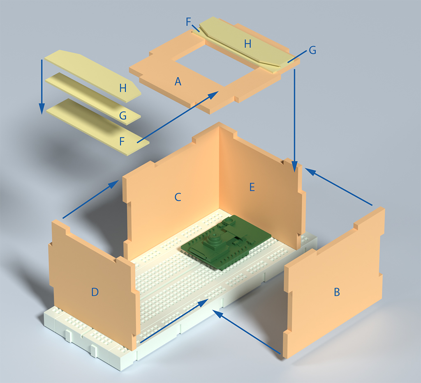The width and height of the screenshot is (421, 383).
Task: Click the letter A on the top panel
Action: tap(178, 81)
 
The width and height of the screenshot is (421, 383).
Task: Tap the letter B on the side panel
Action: tap(337, 292)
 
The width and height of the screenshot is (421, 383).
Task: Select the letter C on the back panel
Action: tap(178, 197)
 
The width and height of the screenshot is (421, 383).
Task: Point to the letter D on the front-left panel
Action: tap(95, 292)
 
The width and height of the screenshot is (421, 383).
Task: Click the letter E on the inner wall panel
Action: tap(252, 187)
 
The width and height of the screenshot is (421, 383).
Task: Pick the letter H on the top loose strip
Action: tap(123, 88)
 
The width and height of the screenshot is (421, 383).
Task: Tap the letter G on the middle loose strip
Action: tap(123, 116)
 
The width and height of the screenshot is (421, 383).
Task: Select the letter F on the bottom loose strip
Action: tap(122, 141)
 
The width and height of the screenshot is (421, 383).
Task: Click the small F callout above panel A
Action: tap(188, 22)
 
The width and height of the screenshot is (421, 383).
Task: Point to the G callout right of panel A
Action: tap(312, 50)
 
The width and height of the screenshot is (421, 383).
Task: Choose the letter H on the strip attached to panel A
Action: tap(248, 44)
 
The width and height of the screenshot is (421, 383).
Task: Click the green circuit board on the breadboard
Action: tap(226, 241)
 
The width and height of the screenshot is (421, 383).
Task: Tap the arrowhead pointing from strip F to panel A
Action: tap(214, 94)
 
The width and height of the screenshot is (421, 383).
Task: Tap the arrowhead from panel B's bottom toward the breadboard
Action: tap(217, 313)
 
